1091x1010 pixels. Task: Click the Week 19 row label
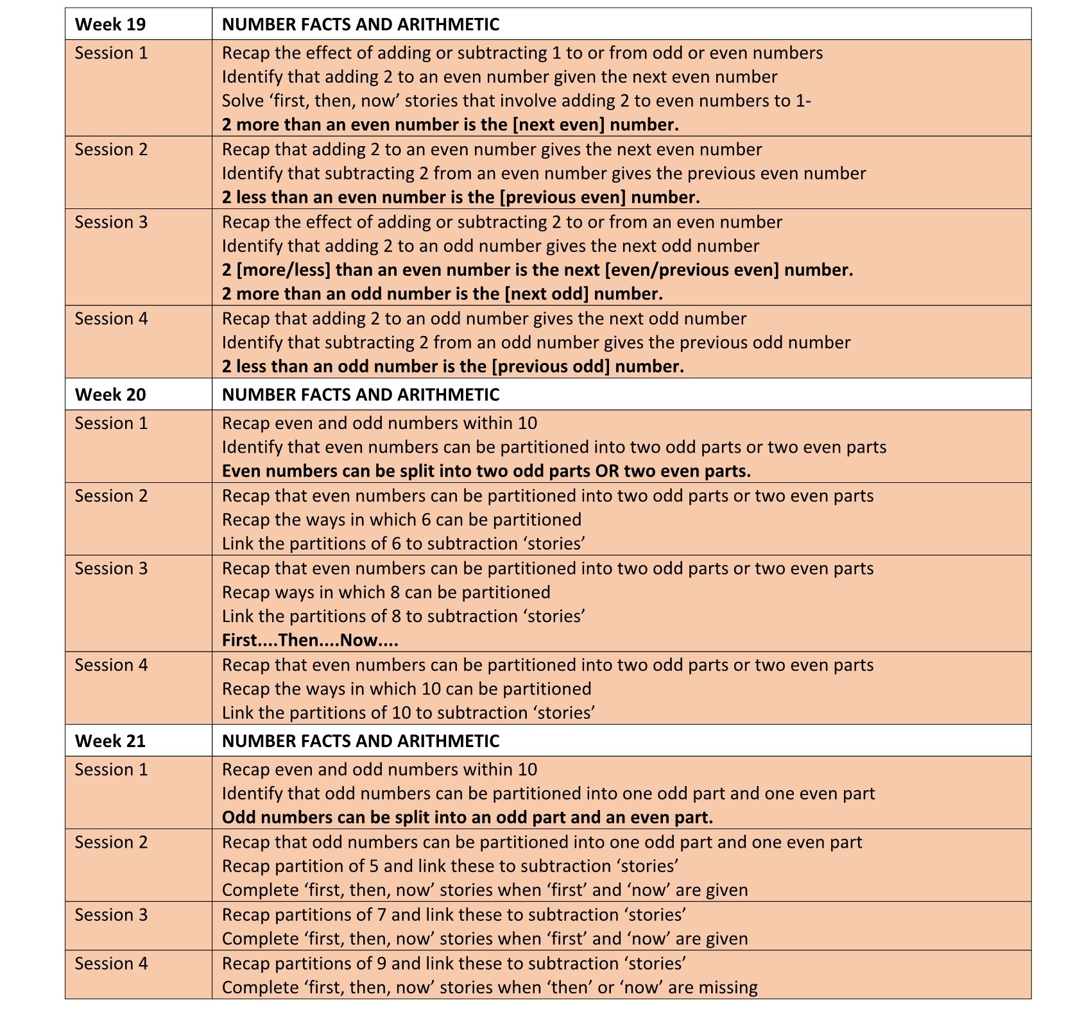(x=110, y=24)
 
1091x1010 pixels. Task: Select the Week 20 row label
(x=110, y=394)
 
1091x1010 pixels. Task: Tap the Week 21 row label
(x=110, y=741)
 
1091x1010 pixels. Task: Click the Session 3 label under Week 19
(x=111, y=222)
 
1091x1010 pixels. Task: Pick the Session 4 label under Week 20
(x=111, y=665)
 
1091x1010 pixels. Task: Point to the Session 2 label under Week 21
(x=111, y=842)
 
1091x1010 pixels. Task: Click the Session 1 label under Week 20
(x=111, y=423)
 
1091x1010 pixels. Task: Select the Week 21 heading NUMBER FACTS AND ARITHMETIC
(x=361, y=741)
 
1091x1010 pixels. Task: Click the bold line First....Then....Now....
(x=310, y=640)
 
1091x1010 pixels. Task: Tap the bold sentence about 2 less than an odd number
(x=453, y=366)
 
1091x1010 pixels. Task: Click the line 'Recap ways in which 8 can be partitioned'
(x=386, y=592)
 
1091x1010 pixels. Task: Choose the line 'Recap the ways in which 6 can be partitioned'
(x=402, y=519)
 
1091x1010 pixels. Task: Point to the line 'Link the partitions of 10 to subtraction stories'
(x=409, y=712)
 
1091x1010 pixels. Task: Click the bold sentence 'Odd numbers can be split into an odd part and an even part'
(x=467, y=817)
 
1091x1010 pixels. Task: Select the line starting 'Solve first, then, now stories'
(x=517, y=101)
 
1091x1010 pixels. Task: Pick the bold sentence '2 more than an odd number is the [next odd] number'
(x=442, y=294)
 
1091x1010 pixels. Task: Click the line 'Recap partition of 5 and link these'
(x=451, y=866)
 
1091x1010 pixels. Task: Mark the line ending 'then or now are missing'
(x=490, y=987)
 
